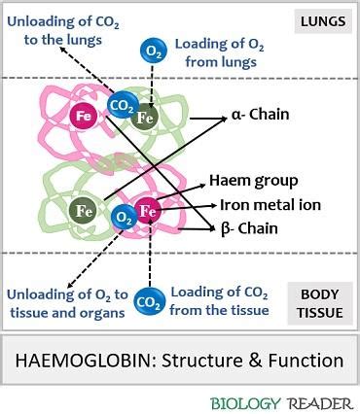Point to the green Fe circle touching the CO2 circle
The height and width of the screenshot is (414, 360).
click(x=146, y=118)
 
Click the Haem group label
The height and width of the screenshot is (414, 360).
click(x=254, y=181)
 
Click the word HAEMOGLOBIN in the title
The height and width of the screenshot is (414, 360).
click(x=81, y=361)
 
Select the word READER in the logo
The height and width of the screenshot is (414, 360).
click(x=313, y=400)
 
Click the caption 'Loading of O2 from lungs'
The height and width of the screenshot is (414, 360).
click(x=216, y=52)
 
